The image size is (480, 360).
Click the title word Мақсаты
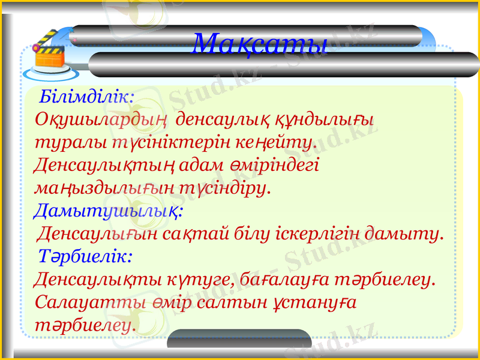[260, 44]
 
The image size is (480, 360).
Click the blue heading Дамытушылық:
[109, 211]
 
